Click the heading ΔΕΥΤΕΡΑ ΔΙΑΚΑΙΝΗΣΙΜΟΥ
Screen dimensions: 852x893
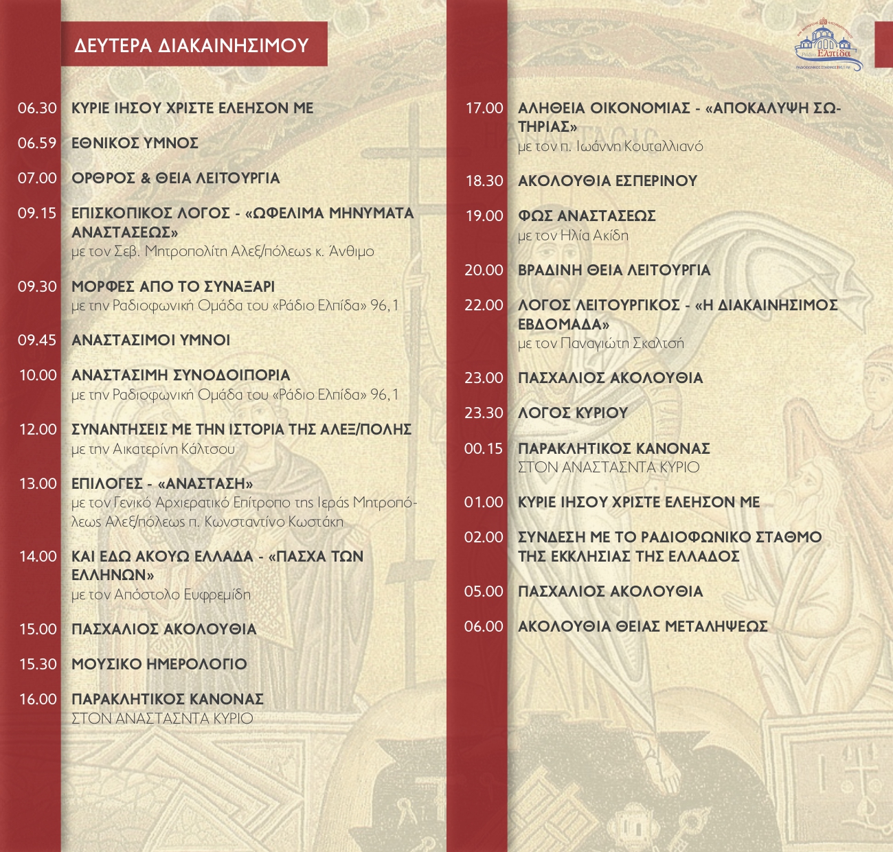(x=192, y=45)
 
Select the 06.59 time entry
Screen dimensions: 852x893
(x=37, y=143)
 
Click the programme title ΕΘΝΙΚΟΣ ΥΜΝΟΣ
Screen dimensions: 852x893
(x=135, y=143)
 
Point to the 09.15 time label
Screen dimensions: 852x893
(x=37, y=214)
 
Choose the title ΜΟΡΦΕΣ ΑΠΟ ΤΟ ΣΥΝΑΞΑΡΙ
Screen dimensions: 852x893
(x=173, y=286)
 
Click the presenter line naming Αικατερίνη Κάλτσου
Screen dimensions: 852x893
(x=153, y=450)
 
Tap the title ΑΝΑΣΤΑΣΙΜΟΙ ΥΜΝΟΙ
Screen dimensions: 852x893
(x=151, y=341)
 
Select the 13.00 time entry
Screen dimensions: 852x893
(x=38, y=484)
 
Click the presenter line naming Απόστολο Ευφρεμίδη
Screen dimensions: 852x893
(x=161, y=595)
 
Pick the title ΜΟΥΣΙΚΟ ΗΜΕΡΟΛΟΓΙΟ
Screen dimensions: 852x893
(x=159, y=665)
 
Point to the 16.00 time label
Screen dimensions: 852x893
(x=38, y=700)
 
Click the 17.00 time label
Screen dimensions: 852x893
(x=484, y=108)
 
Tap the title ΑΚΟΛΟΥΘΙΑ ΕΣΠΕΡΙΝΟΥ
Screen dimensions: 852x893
(x=607, y=181)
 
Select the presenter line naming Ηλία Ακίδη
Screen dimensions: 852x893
(x=573, y=235)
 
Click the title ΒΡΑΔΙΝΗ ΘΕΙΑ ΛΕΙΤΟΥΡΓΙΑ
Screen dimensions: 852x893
(x=614, y=270)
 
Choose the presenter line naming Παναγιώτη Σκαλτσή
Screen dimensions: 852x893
(x=601, y=344)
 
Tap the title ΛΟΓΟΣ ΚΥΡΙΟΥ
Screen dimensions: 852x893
(x=573, y=413)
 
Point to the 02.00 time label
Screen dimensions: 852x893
(x=484, y=538)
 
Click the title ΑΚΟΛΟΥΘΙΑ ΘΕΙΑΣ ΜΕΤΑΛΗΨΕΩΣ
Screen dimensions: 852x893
(x=643, y=627)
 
